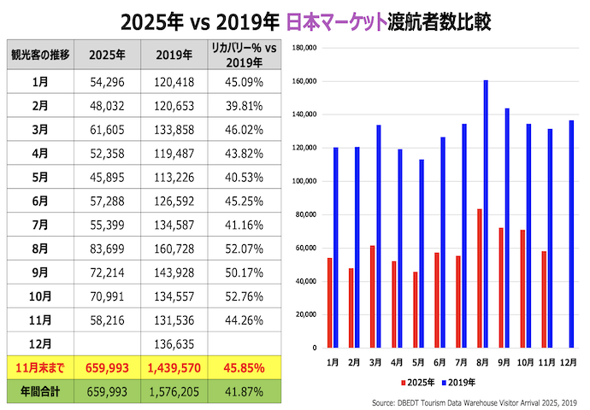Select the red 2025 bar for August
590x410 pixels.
pos(479,278)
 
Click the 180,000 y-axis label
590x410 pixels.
pos(305,48)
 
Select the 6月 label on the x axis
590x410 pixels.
pos(440,361)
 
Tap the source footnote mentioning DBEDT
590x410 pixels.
pos(474,402)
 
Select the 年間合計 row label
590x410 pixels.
pos(39,393)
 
